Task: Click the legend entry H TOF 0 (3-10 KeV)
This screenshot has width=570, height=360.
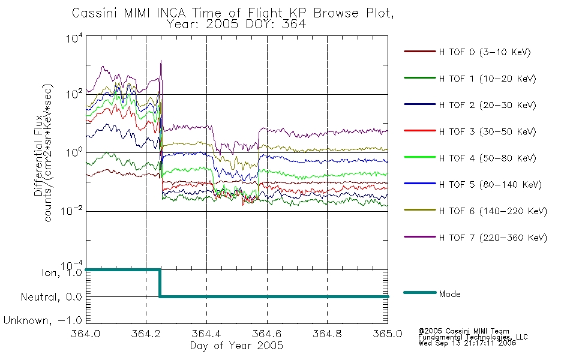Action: (x=485, y=52)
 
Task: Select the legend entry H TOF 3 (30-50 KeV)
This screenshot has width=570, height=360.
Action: (x=487, y=131)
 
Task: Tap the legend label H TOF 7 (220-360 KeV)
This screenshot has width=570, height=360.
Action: (x=493, y=238)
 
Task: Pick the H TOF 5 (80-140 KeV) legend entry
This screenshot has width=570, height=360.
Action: (x=490, y=185)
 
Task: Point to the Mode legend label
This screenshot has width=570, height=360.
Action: (x=449, y=294)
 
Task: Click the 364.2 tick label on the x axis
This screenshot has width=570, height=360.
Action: (x=146, y=334)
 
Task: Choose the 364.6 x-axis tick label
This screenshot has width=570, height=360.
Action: (x=267, y=334)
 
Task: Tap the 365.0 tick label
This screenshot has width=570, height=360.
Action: (x=388, y=334)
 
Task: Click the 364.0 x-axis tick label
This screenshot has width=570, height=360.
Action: (x=86, y=334)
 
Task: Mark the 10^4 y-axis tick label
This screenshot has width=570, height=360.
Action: (x=74, y=38)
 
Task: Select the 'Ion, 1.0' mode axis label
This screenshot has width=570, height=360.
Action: (x=62, y=273)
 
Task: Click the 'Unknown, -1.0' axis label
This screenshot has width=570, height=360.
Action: (x=43, y=321)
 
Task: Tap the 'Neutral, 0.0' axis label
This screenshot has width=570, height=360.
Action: (x=51, y=297)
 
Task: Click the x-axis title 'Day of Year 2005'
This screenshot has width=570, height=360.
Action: (x=236, y=346)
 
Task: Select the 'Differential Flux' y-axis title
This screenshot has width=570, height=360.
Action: (x=38, y=155)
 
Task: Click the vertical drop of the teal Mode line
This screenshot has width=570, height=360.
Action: (x=159, y=283)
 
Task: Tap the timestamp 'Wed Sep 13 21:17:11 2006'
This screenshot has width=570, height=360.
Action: (x=467, y=343)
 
